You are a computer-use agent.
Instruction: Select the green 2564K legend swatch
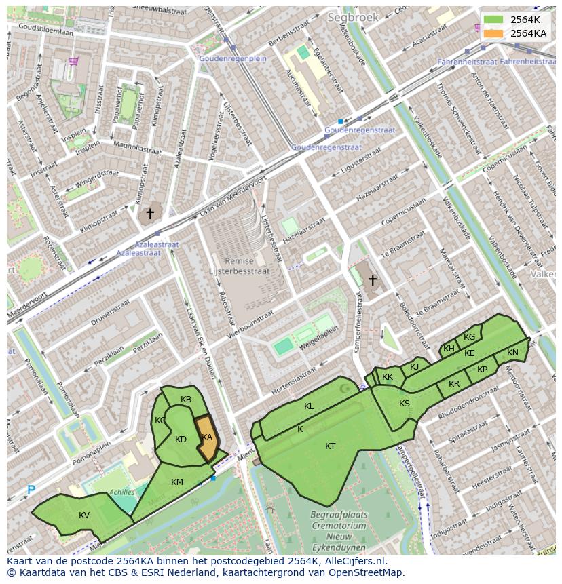point(493,20)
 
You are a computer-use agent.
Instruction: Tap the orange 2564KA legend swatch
point(493,33)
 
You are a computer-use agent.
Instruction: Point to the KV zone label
point(84,515)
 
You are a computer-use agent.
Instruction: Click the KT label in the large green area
point(330,446)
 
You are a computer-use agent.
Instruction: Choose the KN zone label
point(512,353)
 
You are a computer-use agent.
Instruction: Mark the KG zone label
point(469,337)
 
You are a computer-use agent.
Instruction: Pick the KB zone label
point(186,400)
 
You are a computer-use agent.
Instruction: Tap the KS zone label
point(405,404)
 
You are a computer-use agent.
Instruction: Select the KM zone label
point(177,482)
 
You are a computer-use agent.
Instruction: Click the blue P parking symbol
point(31,490)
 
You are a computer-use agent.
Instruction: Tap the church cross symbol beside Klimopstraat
point(150,214)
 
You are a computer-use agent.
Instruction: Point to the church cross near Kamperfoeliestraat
point(372,279)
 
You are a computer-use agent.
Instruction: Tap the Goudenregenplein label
point(232,59)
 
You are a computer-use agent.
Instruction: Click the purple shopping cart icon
point(73,62)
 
